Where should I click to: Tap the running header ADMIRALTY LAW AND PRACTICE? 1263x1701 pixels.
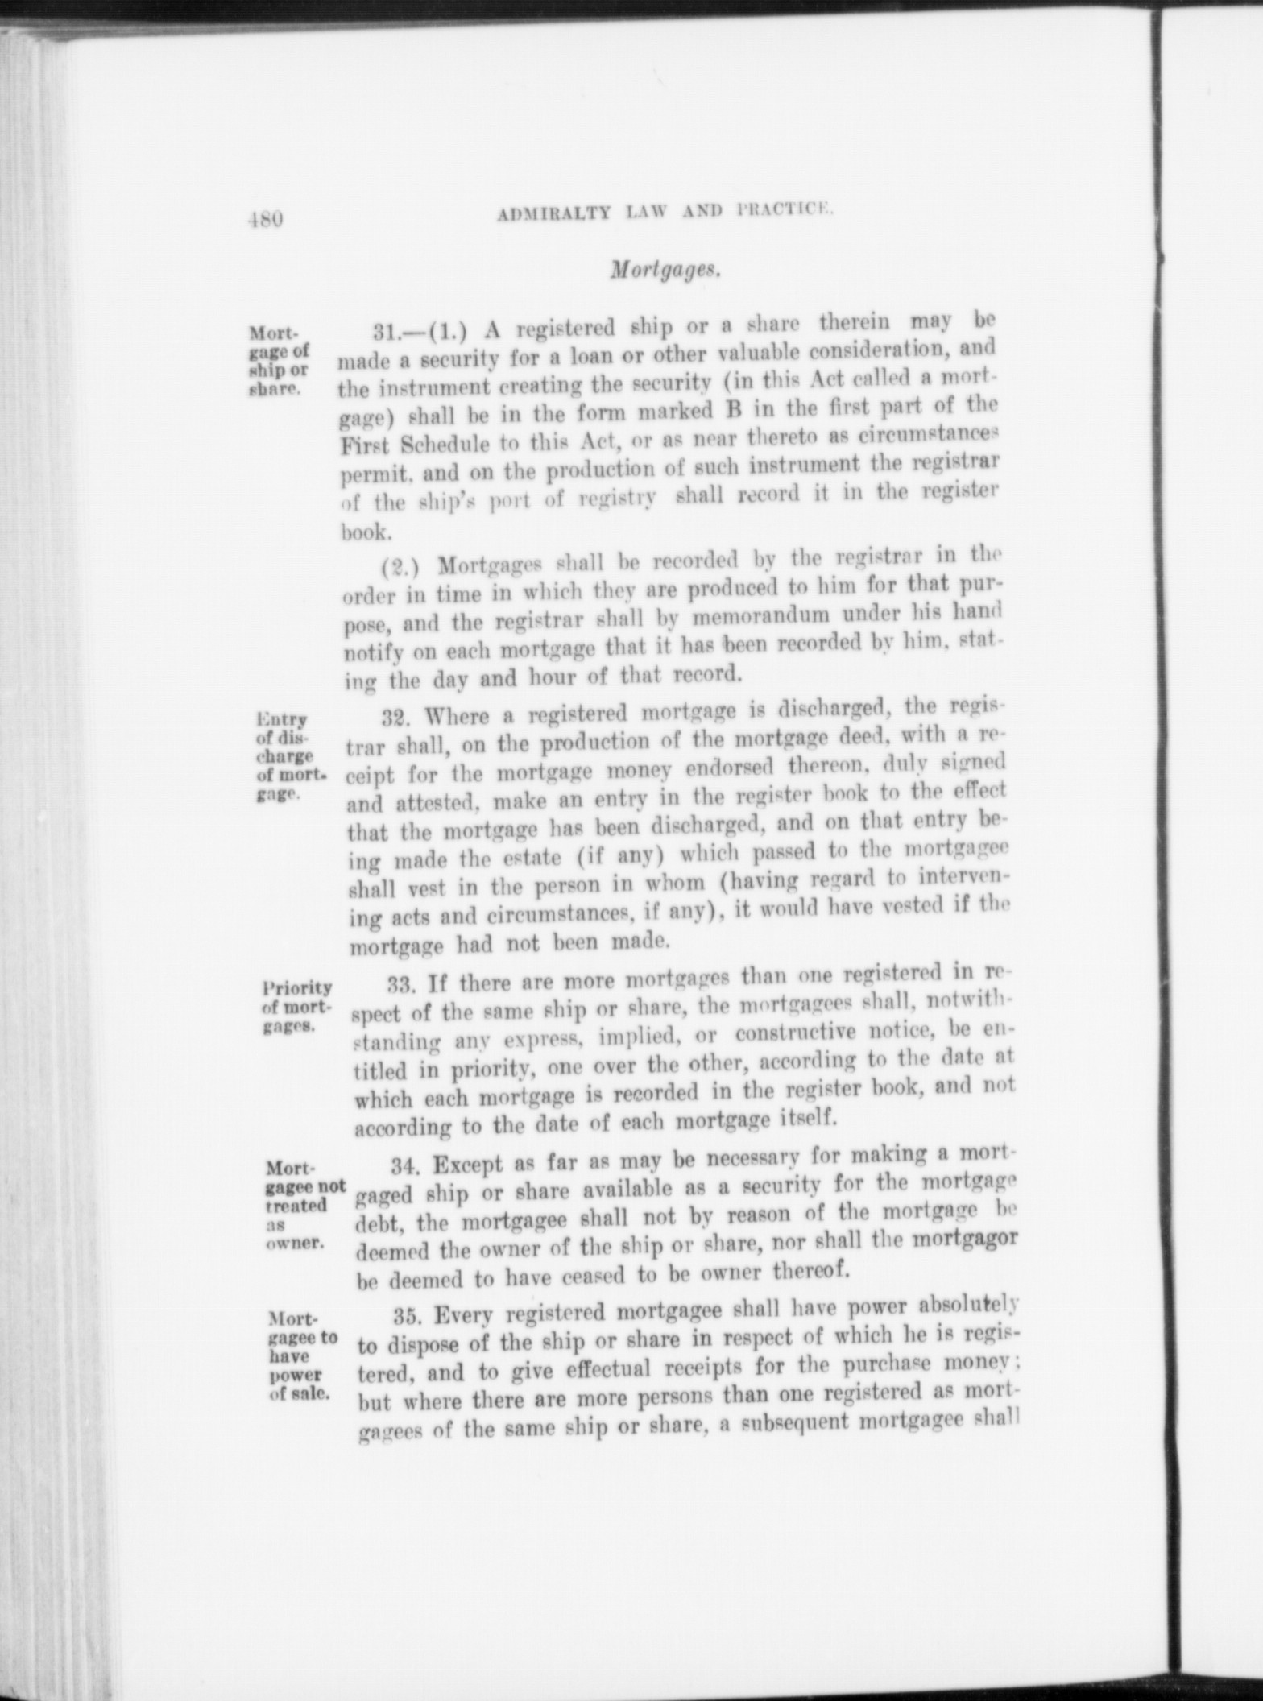(x=665, y=214)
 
